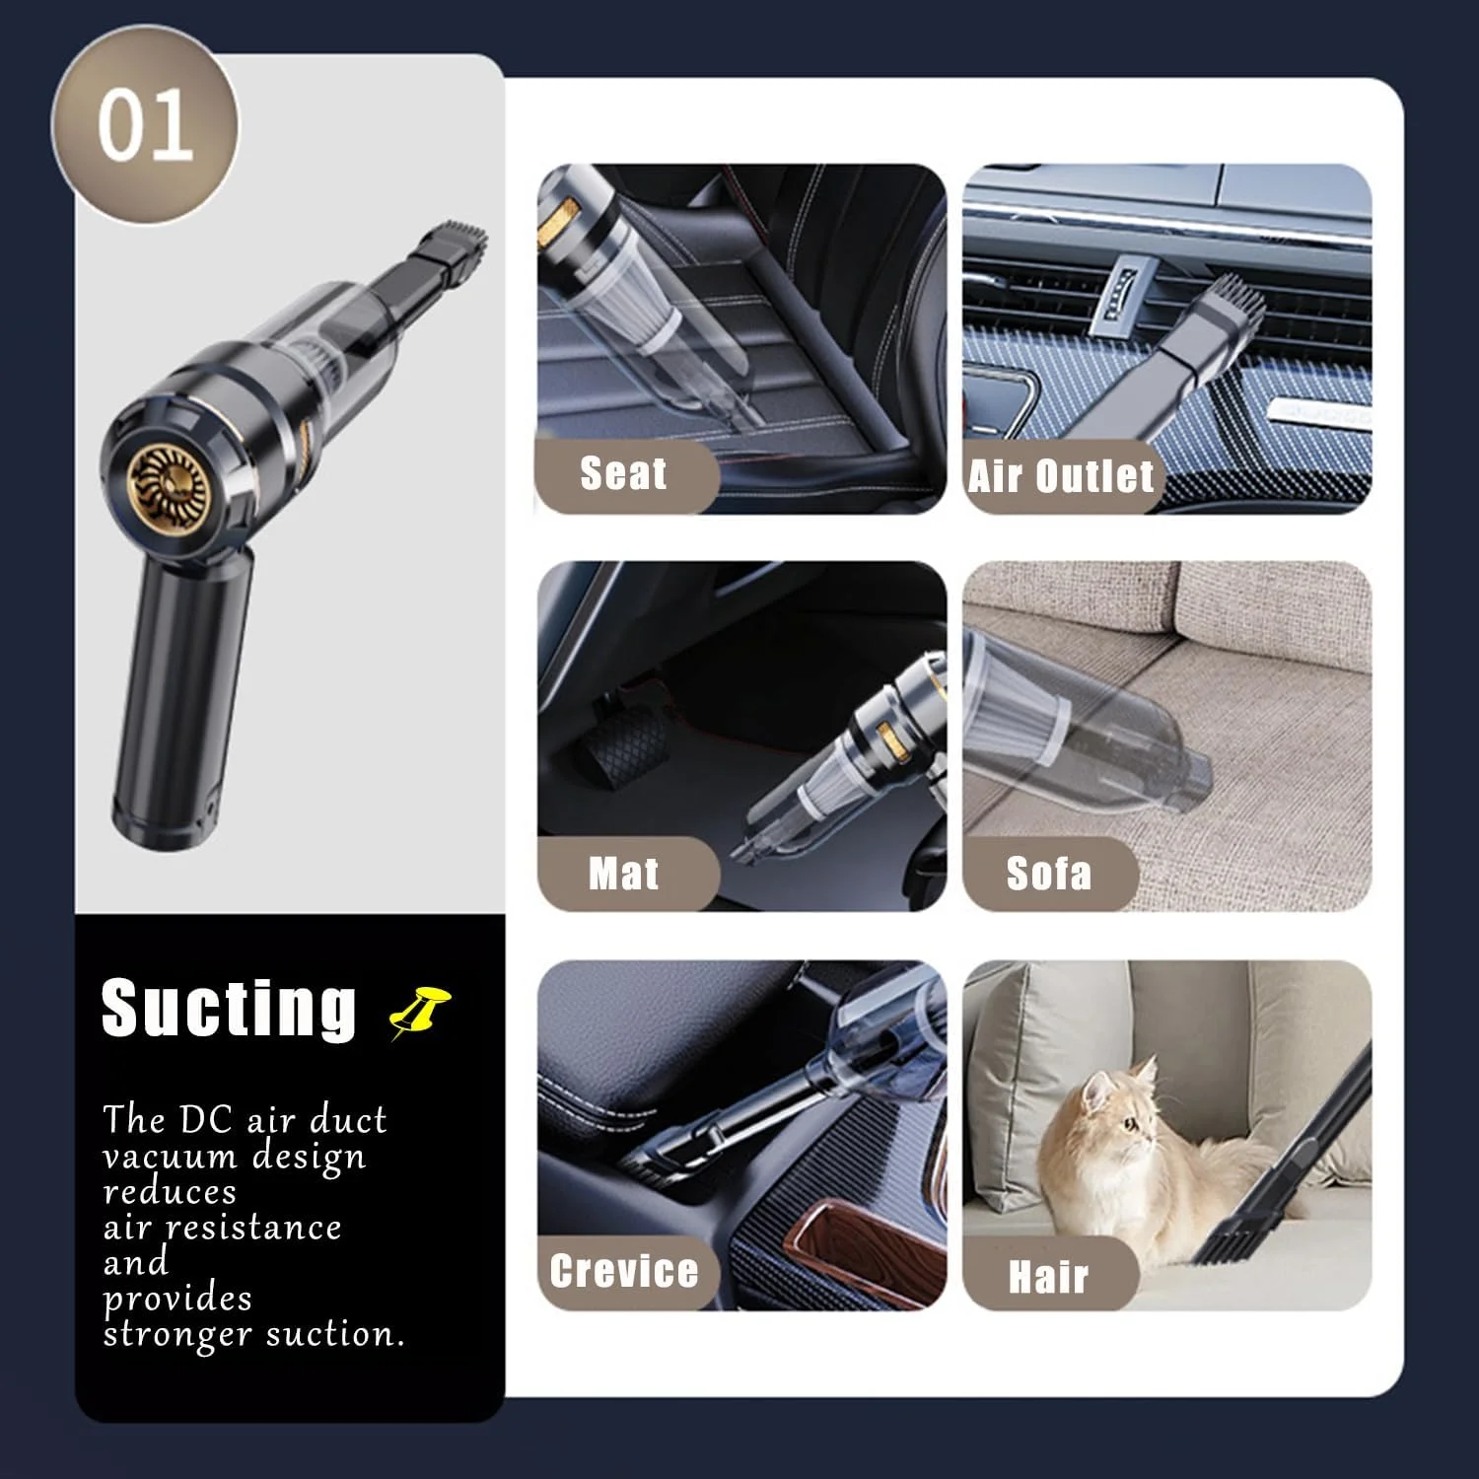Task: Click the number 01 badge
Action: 145,125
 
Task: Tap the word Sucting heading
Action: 229,1008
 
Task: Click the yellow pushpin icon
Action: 420,1011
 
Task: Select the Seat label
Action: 623,473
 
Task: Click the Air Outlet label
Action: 1061,476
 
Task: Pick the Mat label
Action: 623,874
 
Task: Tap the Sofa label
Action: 1049,874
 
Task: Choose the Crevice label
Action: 624,1271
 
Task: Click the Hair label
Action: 1048,1277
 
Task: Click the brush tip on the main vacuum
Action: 455,241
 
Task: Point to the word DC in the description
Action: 206,1120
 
